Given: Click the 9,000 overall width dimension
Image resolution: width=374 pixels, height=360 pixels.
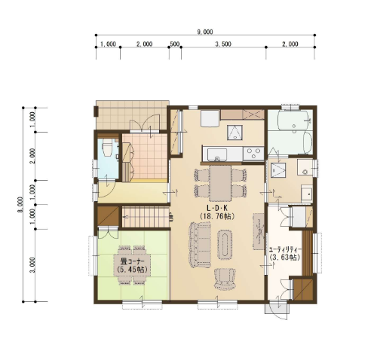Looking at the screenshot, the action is pos(205,32).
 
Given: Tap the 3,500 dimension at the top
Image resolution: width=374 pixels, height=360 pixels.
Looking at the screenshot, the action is pos(223,44).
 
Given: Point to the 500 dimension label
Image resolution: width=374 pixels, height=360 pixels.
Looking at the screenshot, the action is pos(175,44).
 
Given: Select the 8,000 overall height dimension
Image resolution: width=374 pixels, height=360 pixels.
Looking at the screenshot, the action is pos(20,204).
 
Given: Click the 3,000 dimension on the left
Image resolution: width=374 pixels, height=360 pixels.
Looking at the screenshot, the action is pos(32,264).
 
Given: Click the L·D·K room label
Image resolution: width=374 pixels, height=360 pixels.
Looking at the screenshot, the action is pos(216,208).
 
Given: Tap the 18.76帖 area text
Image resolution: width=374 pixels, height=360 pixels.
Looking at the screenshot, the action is pos(217,216).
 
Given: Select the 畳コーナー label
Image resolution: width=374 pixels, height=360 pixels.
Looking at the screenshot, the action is pos(132,261).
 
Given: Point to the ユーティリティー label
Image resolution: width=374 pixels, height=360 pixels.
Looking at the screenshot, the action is pos(285,250).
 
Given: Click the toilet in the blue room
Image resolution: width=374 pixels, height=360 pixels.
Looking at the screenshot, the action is pos(108,148).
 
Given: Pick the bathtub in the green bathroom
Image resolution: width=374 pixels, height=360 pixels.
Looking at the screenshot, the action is pos(293,120).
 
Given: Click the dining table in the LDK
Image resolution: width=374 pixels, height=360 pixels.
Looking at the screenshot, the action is pos(220,183).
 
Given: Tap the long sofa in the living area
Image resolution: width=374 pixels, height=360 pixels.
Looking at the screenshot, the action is pos(200,245).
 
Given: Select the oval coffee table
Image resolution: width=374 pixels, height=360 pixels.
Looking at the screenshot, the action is pos(225,245).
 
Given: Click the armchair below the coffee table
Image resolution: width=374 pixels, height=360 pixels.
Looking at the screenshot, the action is pos(225,279).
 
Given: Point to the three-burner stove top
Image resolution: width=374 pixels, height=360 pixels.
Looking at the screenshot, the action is pos(253,154).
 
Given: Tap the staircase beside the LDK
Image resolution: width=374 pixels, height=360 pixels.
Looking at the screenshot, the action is pos(146,217).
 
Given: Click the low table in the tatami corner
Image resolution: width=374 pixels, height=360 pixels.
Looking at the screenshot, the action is pos(132,265).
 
